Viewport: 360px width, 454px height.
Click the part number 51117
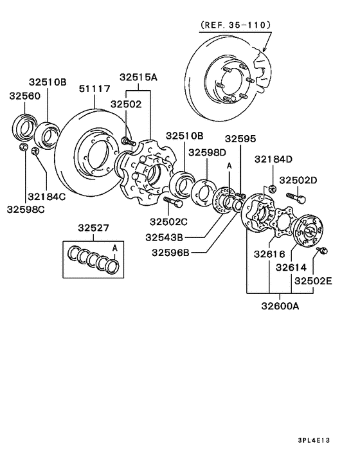click(x=94, y=89)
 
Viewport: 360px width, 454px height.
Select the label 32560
click(x=24, y=96)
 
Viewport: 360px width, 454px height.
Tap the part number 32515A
click(x=138, y=77)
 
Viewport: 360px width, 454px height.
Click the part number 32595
click(x=240, y=138)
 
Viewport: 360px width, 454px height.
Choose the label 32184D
click(x=273, y=159)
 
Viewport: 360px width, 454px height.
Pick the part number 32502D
click(x=300, y=181)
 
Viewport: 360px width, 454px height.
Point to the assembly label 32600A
click(x=280, y=307)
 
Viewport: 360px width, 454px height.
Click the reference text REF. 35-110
click(x=236, y=25)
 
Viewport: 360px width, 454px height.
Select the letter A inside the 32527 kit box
click(x=115, y=247)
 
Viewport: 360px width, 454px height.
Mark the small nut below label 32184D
click(x=273, y=188)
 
